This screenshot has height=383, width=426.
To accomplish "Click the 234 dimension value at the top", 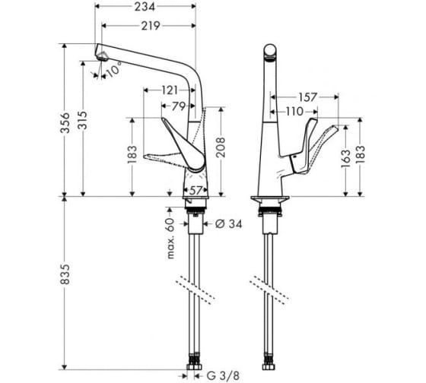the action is (x=145, y=7).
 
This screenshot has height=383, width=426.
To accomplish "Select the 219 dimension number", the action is (x=151, y=26).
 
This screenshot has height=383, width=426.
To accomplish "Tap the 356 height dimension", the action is (x=65, y=122).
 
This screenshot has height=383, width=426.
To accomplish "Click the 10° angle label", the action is (x=113, y=69).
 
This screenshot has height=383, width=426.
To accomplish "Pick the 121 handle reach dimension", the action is (x=170, y=90).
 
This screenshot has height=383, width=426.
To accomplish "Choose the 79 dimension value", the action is (x=179, y=106).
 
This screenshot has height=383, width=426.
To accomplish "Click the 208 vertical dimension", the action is (x=221, y=147).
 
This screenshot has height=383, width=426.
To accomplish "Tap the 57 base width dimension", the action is (x=196, y=191).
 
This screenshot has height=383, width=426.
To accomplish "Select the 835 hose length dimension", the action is (x=65, y=274).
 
